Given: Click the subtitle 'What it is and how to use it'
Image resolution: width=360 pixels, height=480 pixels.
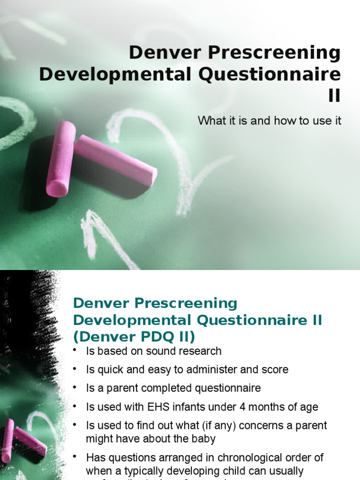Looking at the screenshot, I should [270, 120].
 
